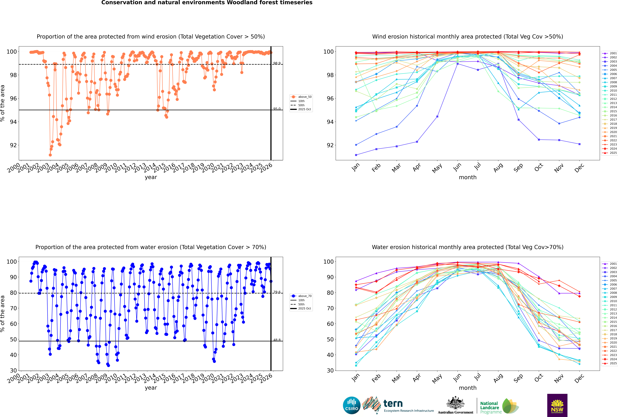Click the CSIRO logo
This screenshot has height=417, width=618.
tap(351, 405)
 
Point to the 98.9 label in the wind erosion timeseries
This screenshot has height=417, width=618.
tap(277, 63)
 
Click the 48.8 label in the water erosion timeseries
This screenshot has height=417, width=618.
tap(277, 340)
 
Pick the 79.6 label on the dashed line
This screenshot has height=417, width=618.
tap(277, 292)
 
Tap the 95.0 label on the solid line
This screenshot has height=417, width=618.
tap(277, 109)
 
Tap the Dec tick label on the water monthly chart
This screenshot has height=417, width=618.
tap(579, 378)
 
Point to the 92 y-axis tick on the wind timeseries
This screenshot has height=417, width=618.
tap(13, 145)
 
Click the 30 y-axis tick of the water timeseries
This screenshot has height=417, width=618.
tap(13, 370)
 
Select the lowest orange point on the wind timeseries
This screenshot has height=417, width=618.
tap(50, 155)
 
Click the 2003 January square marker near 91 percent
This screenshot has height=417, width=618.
tap(356, 155)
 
